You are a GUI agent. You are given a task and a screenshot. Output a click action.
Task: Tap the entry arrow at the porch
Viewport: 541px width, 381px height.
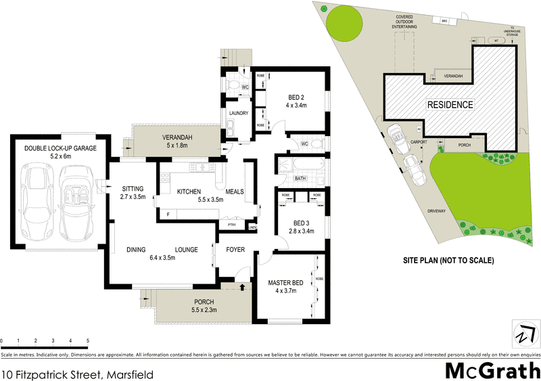(241, 288)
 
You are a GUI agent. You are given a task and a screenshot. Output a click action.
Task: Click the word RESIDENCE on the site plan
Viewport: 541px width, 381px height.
(449, 105)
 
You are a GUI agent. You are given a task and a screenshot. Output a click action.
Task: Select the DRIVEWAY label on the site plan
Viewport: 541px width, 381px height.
(438, 211)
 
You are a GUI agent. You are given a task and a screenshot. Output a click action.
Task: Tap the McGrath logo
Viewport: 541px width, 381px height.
(492, 371)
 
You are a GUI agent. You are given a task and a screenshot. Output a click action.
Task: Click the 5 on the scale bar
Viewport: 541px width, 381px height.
(88, 340)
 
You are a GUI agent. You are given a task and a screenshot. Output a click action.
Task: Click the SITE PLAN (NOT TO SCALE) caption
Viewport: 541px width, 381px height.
(449, 261)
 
